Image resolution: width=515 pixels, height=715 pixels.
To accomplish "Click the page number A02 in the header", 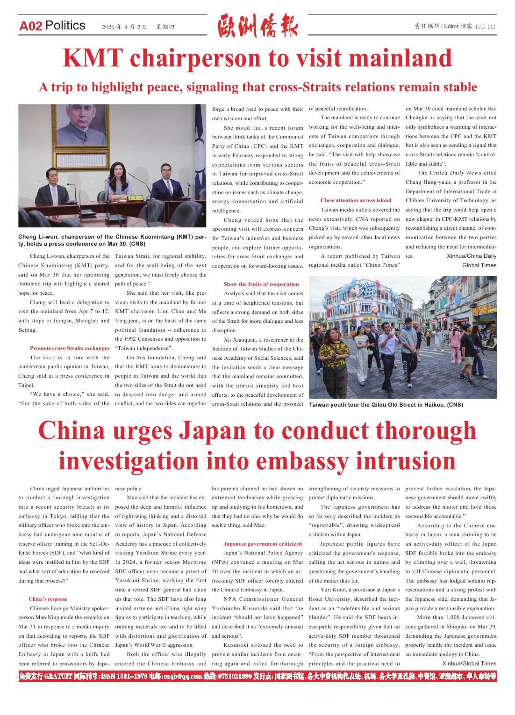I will coord(31,26).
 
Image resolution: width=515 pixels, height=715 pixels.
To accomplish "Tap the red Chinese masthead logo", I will coord(257,26).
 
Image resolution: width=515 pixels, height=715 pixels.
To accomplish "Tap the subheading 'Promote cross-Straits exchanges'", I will coord(70,348).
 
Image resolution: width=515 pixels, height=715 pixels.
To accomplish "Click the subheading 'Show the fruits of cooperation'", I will coord(261,284).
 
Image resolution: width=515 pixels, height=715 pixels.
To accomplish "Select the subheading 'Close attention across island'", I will coord(356,200).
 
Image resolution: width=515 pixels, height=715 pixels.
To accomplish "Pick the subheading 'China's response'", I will coord(48,599).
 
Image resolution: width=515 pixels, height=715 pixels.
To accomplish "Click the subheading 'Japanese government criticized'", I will coord(263,544).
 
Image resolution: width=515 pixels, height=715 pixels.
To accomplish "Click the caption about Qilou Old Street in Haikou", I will coord(386,405).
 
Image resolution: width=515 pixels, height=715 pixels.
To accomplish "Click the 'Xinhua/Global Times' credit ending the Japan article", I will coord(469,664).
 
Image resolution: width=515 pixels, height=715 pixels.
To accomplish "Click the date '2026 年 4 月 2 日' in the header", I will coord(125,27).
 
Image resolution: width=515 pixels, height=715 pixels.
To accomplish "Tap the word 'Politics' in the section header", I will coord(66,25).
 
